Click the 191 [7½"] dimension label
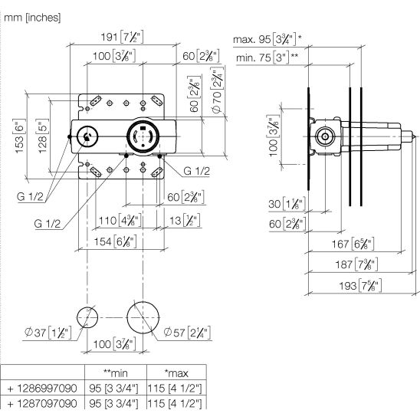[x=122, y=37]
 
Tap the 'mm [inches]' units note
[x=32, y=18]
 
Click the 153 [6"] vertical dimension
[x=19, y=136]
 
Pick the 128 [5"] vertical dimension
[x=42, y=136]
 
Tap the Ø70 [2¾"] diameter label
[x=217, y=90]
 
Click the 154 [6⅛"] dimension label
[x=115, y=241]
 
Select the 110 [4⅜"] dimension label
[x=120, y=221]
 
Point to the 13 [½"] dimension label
[x=185, y=221]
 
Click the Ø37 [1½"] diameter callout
[x=48, y=333]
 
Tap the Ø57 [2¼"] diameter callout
[x=187, y=333]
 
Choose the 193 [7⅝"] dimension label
[x=360, y=286]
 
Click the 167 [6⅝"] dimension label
[x=353, y=244]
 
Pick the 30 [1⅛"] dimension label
[x=287, y=204]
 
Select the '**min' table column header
[x=116, y=372]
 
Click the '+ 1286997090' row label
[x=42, y=388]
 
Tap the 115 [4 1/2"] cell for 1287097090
[x=175, y=403]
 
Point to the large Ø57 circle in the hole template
[x=127, y=317]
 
